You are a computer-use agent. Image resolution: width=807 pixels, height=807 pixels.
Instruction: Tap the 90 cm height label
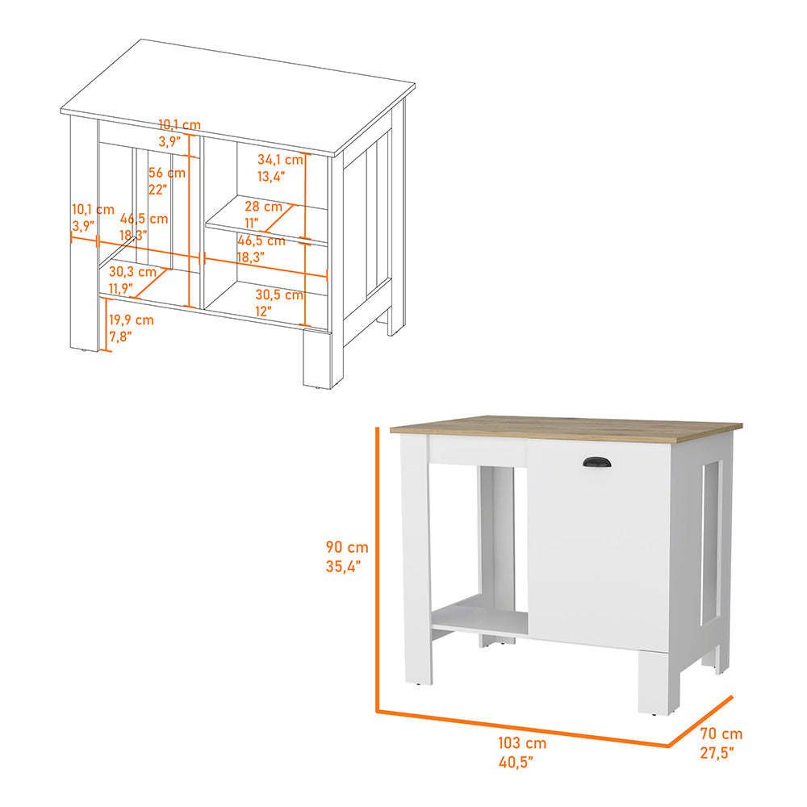[347, 546]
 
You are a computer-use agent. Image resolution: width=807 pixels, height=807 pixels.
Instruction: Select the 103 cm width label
[522, 742]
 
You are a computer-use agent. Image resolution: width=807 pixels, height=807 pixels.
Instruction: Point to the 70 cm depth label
[721, 733]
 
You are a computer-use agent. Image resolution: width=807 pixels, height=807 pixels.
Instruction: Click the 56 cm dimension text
[167, 173]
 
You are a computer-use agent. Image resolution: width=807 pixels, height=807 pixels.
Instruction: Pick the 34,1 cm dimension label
[281, 160]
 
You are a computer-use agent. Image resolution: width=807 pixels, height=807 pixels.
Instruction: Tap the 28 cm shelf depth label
[264, 207]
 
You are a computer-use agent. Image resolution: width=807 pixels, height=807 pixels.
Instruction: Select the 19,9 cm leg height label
[132, 320]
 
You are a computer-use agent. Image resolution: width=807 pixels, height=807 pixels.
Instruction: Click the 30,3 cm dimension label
[132, 271]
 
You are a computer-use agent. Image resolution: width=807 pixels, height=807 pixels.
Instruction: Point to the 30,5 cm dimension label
[279, 295]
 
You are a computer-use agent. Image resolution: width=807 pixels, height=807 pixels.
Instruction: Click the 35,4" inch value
[343, 567]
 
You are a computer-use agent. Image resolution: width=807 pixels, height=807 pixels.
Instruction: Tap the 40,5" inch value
[516, 762]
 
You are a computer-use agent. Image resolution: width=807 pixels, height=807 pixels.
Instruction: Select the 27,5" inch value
[717, 752]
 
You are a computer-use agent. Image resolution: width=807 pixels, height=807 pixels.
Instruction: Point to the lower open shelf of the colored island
[479, 616]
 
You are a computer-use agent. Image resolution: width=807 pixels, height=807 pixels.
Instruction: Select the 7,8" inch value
[120, 337]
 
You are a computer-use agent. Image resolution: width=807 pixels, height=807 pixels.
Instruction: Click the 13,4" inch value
[270, 177]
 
